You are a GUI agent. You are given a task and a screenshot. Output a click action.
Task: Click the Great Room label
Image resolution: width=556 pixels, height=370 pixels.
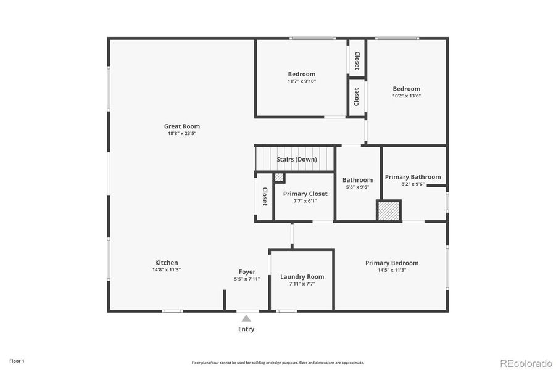pos(181,126)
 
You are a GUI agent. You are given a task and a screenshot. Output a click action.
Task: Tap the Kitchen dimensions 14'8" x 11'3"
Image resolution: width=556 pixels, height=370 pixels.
pos(166,270)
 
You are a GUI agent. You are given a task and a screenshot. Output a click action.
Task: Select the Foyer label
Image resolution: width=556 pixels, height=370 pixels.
pos(247,272)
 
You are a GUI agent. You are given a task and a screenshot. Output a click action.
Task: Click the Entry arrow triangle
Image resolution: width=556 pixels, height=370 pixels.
pos(246,318)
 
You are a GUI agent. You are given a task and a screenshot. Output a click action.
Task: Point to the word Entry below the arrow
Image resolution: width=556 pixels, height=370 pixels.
pos(246,329)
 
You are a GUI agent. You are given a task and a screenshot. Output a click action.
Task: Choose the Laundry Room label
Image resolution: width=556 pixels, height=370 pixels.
pos(302,277)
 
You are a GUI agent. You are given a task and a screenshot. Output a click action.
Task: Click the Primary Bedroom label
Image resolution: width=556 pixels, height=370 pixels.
pos(391,263)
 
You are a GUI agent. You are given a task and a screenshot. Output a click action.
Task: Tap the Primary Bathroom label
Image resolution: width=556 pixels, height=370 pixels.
pos(413,177)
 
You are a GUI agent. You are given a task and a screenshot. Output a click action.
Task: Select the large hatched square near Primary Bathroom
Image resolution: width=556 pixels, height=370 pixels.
pos(389,210)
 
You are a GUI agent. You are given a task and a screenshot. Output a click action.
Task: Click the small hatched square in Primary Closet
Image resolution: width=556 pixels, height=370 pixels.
pos(279,178)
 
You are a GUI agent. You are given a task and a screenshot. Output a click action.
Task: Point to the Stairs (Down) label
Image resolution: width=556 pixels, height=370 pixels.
pos(296,159)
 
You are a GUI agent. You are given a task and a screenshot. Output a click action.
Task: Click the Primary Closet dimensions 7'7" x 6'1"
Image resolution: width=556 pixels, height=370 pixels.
pos(305,201)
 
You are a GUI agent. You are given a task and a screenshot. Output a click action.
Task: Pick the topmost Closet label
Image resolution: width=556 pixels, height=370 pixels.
pos(357,60)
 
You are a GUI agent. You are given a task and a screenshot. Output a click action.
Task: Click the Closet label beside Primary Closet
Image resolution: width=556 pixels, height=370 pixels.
pos(264,197)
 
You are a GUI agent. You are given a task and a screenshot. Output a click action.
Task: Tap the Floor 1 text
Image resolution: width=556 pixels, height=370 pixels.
pos(17,360)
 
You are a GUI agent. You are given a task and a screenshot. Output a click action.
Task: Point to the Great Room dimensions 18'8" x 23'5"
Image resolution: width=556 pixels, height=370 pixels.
pos(181,134)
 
